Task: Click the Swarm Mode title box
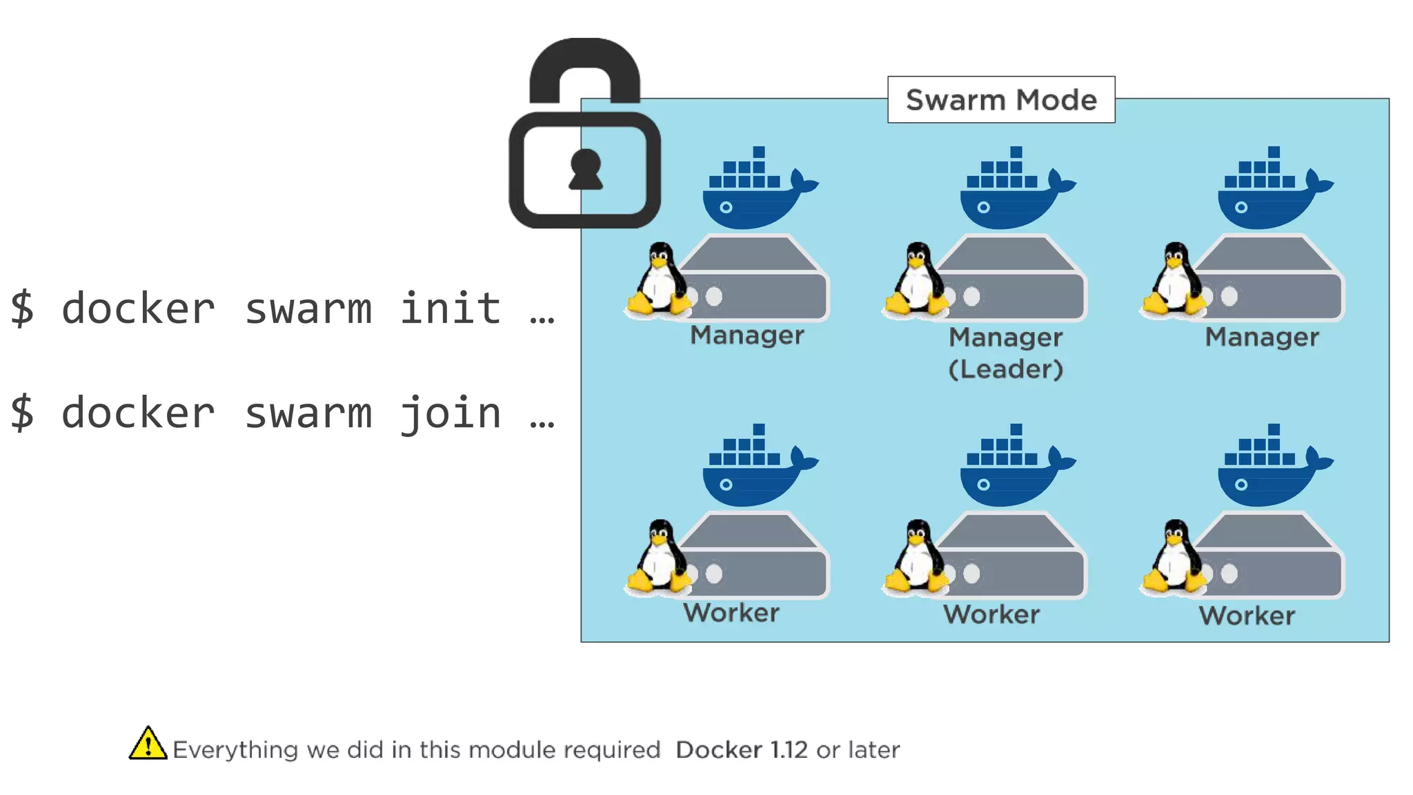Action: (1000, 100)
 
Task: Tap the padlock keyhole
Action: (586, 169)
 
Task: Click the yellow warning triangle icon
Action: (148, 744)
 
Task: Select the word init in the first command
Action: (450, 308)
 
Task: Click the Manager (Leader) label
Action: (1005, 353)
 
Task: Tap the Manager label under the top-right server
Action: (1261, 337)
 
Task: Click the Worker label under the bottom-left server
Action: (731, 613)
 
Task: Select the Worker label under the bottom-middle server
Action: (991, 614)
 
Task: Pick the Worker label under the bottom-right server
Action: (1247, 616)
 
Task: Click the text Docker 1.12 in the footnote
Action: (741, 750)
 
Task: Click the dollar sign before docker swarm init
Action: (22, 308)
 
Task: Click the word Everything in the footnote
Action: (235, 750)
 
